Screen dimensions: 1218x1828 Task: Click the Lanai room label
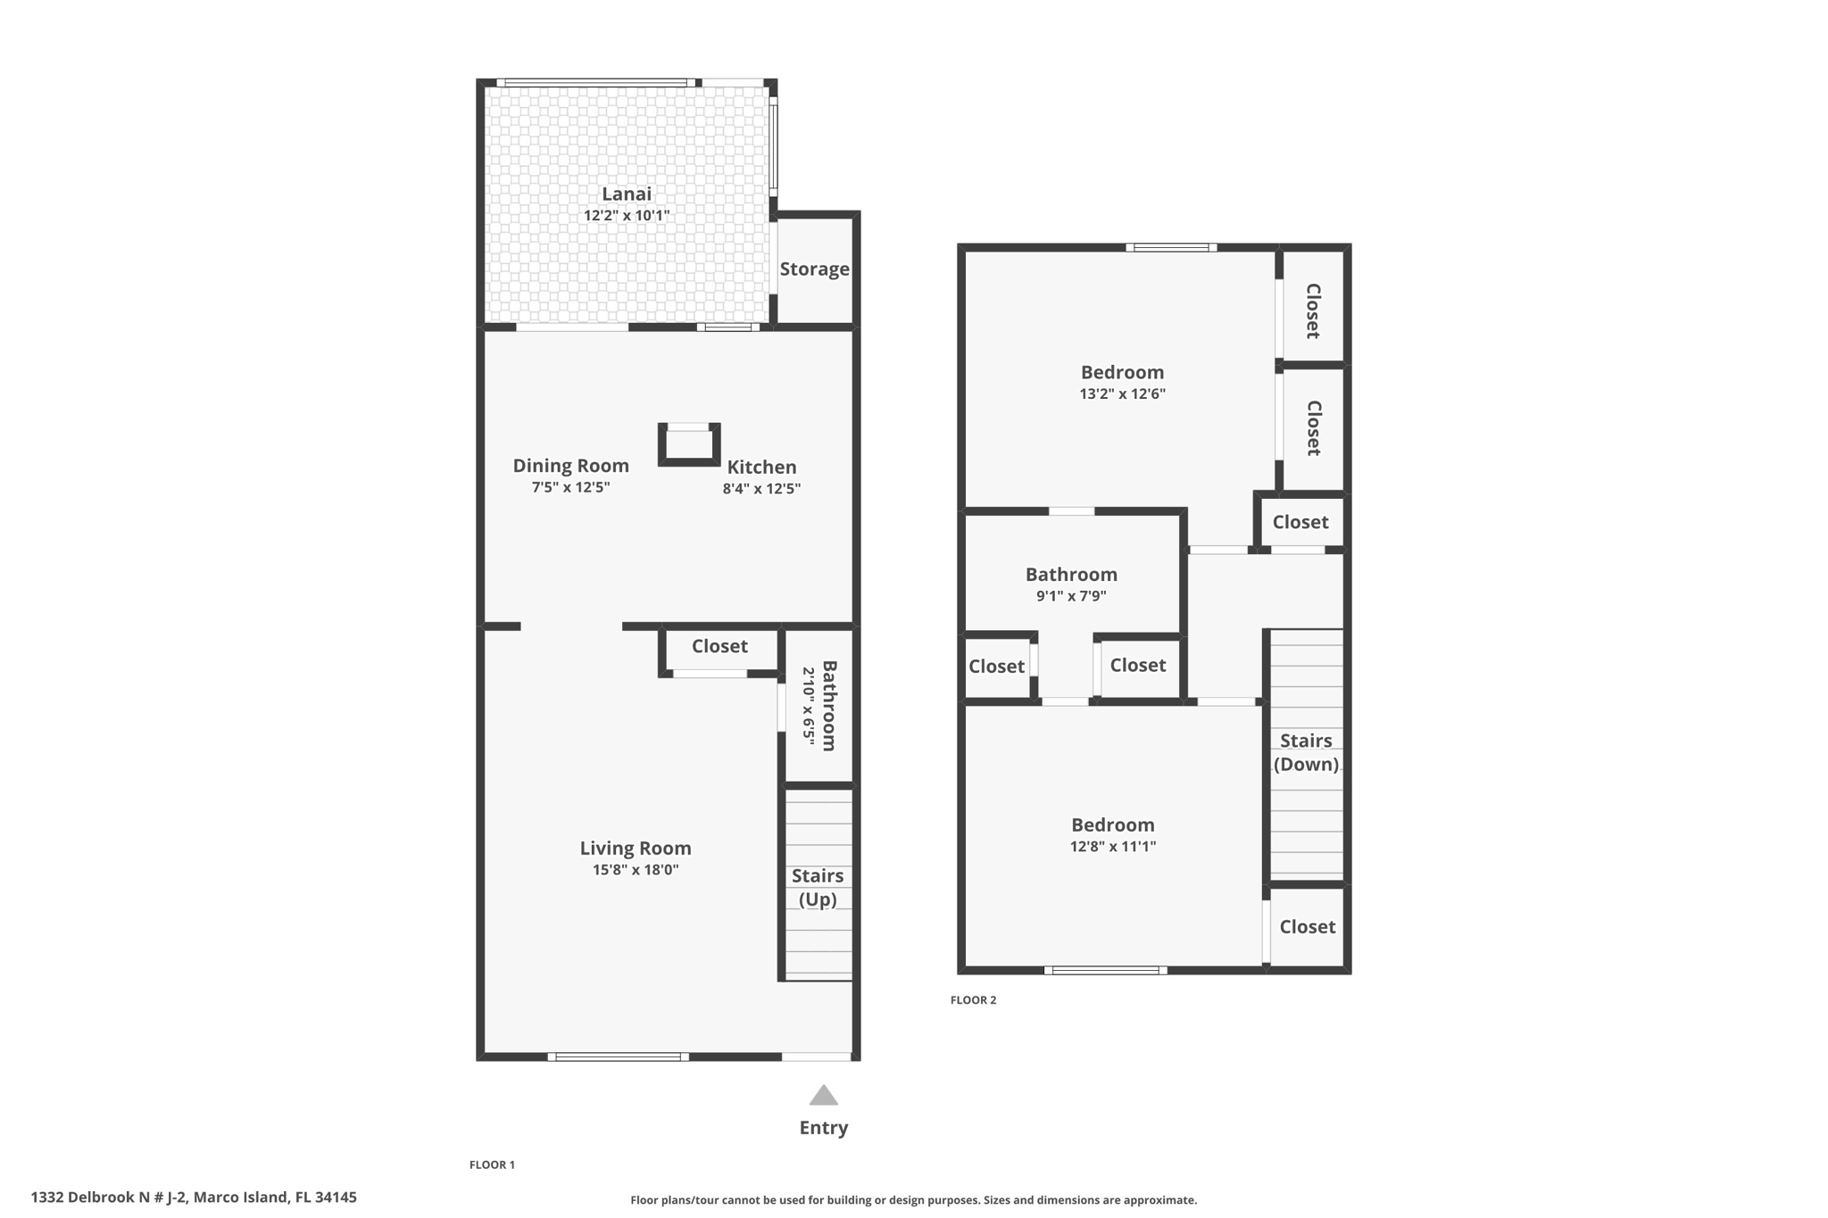pos(626,194)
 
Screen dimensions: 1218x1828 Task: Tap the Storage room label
pos(814,269)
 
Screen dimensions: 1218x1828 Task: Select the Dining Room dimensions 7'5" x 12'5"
pos(570,487)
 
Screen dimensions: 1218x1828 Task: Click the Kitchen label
pos(761,467)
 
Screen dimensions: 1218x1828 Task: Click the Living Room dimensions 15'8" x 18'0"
pos(636,870)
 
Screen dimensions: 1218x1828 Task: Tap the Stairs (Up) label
pos(817,887)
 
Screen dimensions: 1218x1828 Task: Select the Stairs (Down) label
pos(1306,752)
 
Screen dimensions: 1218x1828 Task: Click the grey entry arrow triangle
pos(823,1096)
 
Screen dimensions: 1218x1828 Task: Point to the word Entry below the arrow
pos(823,1127)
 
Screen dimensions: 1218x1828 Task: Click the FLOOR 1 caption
pos(492,1164)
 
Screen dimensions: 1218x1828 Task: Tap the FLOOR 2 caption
pos(973,999)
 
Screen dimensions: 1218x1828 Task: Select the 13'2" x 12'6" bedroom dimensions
pos(1122,394)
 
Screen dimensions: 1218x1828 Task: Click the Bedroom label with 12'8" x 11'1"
pos(1112,824)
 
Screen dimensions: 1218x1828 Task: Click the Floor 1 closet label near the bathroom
pos(719,646)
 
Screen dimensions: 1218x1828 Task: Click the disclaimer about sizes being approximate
pos(913,1200)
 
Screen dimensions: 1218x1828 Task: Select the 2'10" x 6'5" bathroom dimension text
pos(809,706)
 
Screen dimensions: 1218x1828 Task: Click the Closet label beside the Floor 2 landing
pos(1300,522)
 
